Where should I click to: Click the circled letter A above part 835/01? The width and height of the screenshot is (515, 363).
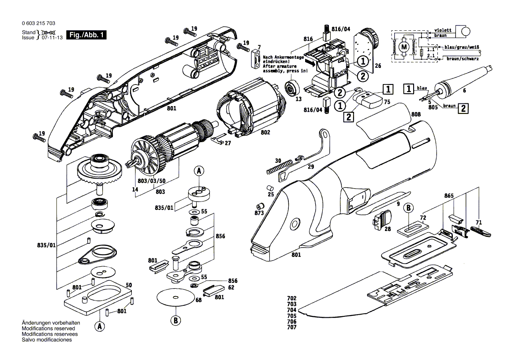tap(198, 171)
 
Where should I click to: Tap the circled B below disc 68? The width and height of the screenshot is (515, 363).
tap(175, 320)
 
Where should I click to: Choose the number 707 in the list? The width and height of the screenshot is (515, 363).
tap(291, 327)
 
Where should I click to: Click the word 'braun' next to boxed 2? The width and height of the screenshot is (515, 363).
tap(449, 106)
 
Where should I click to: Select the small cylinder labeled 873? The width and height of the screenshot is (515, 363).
tap(261, 205)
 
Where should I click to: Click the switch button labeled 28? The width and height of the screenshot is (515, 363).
tap(381, 219)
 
